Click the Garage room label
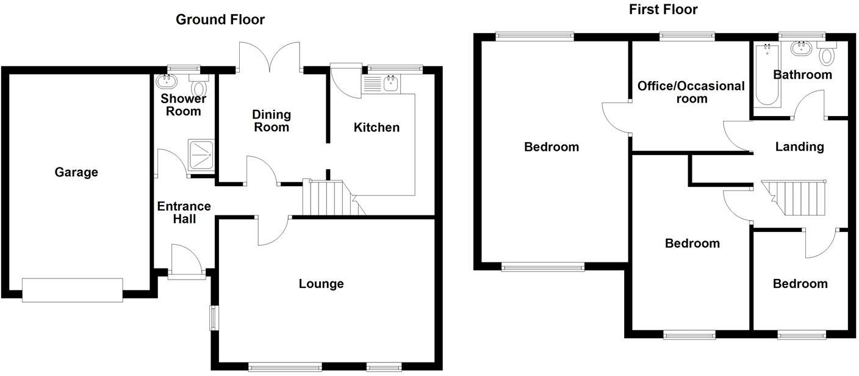pyautogui.click(x=76, y=173)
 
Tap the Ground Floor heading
pyautogui.click(x=220, y=20)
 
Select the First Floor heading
pyautogui.click(x=663, y=9)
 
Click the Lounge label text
pyautogui.click(x=321, y=284)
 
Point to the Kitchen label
pyautogui.click(x=376, y=128)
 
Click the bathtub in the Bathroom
pyautogui.click(x=766, y=77)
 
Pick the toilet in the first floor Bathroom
pyautogui.click(x=827, y=55)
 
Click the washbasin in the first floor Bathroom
pyautogui.click(x=799, y=49)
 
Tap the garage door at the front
pyautogui.click(x=73, y=289)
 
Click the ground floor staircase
pyautogui.click(x=328, y=198)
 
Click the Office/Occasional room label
pyautogui.click(x=691, y=92)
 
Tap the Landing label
pyautogui.click(x=799, y=146)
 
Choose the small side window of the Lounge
pyautogui.click(x=214, y=317)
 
